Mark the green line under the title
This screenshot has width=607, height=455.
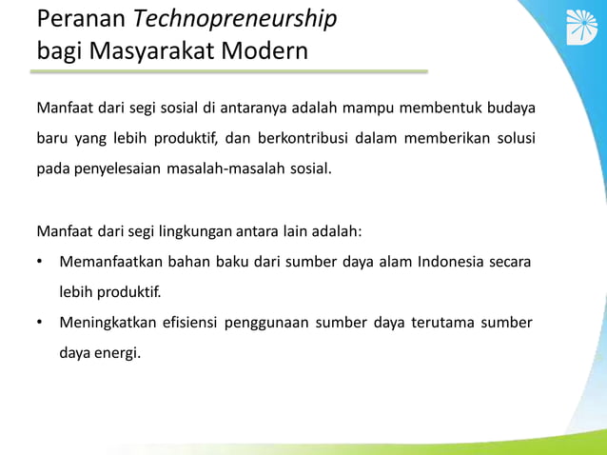[232, 71]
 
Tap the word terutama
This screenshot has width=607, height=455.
[445, 322]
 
